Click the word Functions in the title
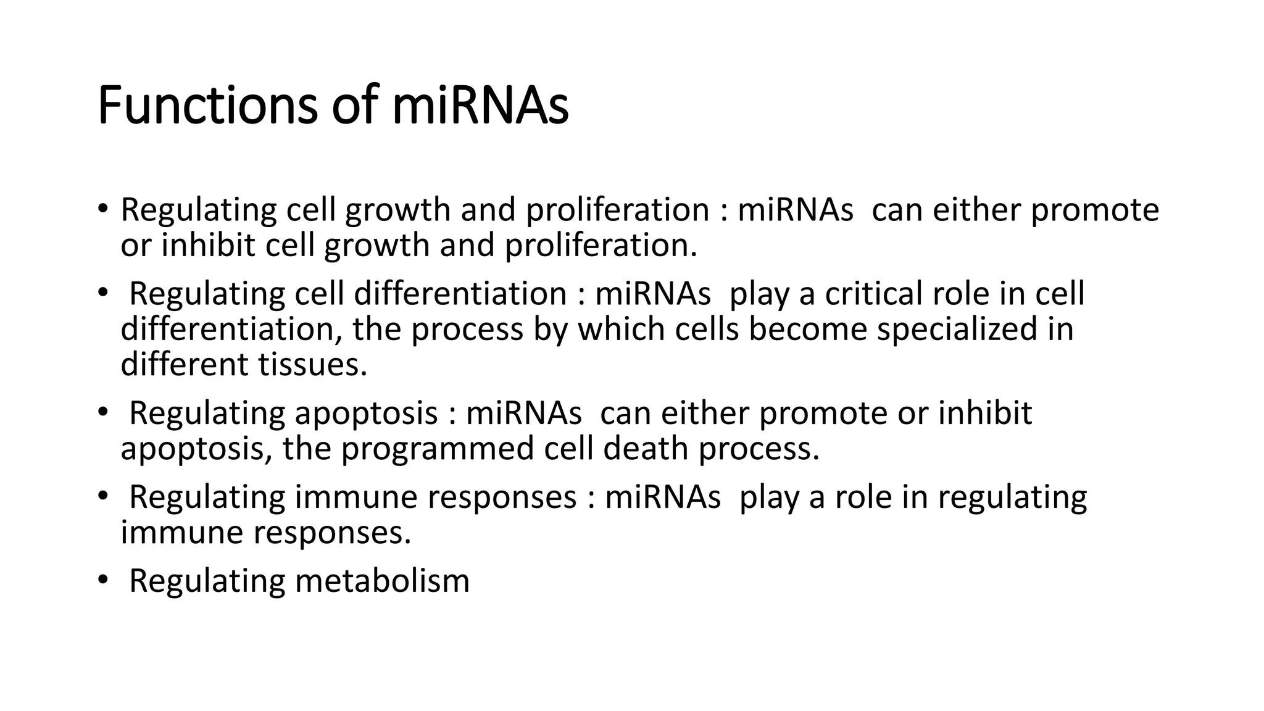pyautogui.click(x=207, y=106)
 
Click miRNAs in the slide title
pyautogui.click(x=480, y=106)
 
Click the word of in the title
pyautogui.click(x=353, y=106)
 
